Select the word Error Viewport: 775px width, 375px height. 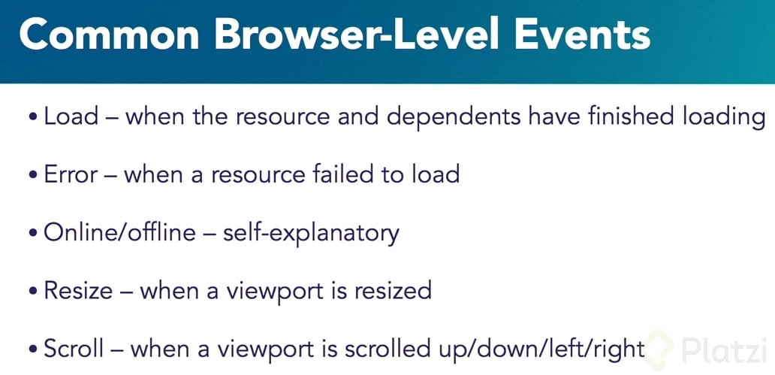71,174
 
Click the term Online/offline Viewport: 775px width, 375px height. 119,232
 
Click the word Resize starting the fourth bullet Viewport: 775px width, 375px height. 78,290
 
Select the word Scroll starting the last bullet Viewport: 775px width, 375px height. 74,348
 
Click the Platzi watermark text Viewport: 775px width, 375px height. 724,350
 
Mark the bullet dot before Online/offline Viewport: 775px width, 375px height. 33,233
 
